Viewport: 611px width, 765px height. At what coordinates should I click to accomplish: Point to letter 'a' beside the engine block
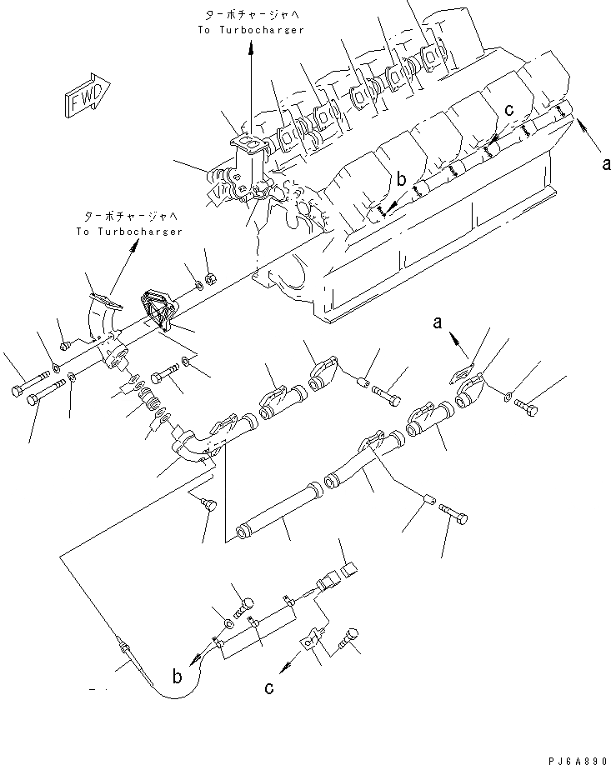605,164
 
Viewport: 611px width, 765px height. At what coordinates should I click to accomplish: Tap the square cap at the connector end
348,571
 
